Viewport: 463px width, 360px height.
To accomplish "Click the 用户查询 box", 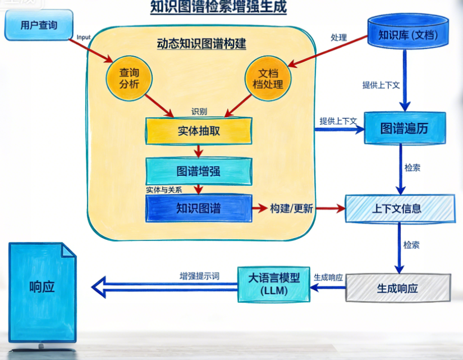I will tap(39, 25).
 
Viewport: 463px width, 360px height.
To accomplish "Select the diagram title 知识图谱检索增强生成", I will tap(218, 7).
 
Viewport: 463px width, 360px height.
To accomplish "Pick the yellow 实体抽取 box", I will tap(199, 131).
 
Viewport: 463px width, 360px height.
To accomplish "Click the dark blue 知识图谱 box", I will tap(199, 208).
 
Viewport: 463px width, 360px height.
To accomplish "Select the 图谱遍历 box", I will tap(404, 128).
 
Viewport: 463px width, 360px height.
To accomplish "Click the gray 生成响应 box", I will tap(397, 288).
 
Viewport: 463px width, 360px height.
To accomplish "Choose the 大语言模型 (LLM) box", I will tap(274, 284).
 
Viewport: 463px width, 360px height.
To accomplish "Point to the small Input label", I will tap(83, 37).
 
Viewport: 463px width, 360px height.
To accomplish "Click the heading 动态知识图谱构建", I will tap(201, 43).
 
